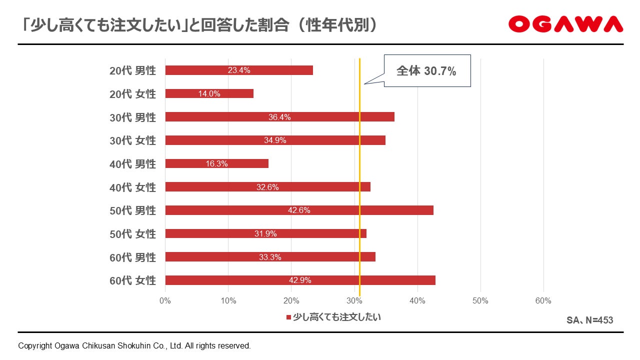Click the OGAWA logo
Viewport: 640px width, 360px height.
[565, 24]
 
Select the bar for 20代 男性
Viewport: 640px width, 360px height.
[239, 70]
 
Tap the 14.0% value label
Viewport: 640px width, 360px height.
[209, 93]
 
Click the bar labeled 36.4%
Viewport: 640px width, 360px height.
[279, 117]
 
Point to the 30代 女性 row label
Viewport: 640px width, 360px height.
[132, 140]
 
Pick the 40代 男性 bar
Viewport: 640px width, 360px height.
[217, 163]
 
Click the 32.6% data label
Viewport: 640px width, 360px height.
[267, 187]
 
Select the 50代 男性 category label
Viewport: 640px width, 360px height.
[132, 211]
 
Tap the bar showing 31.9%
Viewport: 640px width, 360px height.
[265, 233]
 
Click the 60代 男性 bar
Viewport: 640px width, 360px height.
[270, 257]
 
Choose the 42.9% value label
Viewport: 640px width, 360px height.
[300, 280]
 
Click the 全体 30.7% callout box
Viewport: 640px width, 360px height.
[427, 70]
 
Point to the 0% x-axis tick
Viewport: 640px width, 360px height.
[165, 301]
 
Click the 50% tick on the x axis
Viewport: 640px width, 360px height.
[480, 301]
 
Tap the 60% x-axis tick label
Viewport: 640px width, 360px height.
[543, 301]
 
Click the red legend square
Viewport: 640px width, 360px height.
[288, 317]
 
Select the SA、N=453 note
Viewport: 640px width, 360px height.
[589, 320]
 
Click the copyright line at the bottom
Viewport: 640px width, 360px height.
[134, 346]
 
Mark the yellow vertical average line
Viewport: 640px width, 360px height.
[359, 177]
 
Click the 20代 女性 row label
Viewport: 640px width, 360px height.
[132, 94]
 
